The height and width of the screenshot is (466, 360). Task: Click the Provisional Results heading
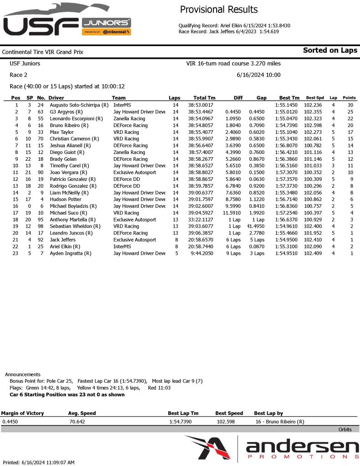click(x=218, y=10)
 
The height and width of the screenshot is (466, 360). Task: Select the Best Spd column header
click(x=314, y=98)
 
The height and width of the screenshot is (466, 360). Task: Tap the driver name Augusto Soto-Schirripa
click(x=78, y=105)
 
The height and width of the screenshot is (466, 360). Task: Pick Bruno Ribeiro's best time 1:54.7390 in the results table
click(x=287, y=125)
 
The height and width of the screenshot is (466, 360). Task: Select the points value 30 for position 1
click(x=350, y=105)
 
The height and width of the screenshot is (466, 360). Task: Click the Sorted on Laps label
click(x=330, y=51)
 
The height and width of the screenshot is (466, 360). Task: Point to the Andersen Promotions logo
click(x=272, y=449)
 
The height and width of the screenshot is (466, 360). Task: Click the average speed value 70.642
click(x=76, y=422)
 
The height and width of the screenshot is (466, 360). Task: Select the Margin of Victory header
click(x=23, y=413)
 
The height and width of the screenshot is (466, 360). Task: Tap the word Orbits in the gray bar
click(x=345, y=430)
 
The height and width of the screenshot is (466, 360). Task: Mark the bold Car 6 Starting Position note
click(x=67, y=394)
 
